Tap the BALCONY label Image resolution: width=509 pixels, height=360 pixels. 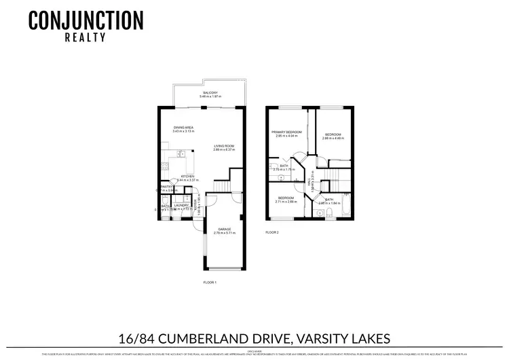coord(210,93)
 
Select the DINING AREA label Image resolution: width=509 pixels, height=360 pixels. coord(184,127)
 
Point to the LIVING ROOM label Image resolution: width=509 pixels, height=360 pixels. coord(224,145)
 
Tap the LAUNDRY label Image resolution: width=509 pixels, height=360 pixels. coord(181,205)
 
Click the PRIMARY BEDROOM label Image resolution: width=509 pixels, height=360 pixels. coord(286,132)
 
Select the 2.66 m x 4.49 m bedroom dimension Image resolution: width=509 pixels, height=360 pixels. coord(333,139)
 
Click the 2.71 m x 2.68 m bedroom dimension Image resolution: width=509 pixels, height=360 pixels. coord(286,201)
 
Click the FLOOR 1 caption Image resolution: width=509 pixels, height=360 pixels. coord(210,281)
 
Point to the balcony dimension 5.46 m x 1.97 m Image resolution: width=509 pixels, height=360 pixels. coord(210,97)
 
